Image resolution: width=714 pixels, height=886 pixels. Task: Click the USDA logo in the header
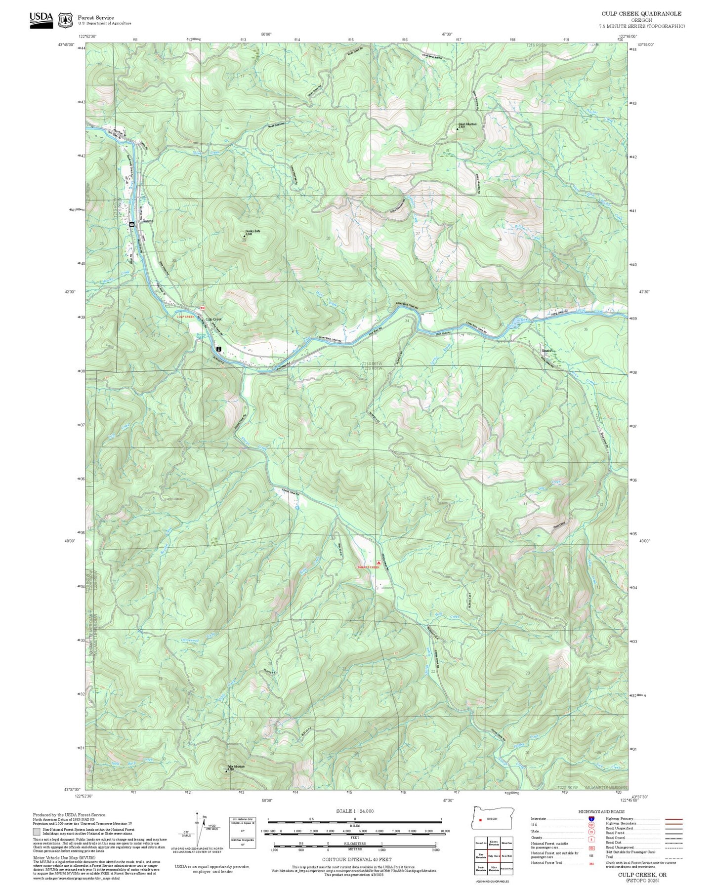pyautogui.click(x=41, y=19)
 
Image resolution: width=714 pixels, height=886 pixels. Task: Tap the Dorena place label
pyautogui.click(x=148, y=221)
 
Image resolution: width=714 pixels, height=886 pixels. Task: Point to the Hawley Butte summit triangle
pyautogui.click(x=244, y=236)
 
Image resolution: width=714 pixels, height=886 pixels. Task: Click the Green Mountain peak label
pyautogui.click(x=467, y=124)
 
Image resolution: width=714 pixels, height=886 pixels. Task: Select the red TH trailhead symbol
pyautogui.click(x=202, y=308)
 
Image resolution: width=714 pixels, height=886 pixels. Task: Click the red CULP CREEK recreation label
pyautogui.click(x=186, y=317)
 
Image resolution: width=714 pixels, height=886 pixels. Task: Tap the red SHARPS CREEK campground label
pyautogui.click(x=368, y=567)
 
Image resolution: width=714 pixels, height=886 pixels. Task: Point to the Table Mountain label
pyautogui.click(x=236, y=766)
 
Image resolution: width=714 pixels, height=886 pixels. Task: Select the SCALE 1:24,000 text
pyautogui.click(x=354, y=811)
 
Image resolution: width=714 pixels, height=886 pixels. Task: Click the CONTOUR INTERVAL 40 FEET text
pyautogui.click(x=356, y=860)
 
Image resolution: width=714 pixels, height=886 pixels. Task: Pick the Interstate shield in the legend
pyautogui.click(x=591, y=819)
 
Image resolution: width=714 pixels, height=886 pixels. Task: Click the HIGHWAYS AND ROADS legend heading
pyautogui.click(x=601, y=811)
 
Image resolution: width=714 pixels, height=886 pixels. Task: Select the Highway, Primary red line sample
pyautogui.click(x=673, y=819)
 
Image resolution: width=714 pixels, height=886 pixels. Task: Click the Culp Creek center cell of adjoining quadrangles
pyautogui.click(x=494, y=855)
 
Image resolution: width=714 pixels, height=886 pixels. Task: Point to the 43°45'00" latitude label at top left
pyautogui.click(x=66, y=44)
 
